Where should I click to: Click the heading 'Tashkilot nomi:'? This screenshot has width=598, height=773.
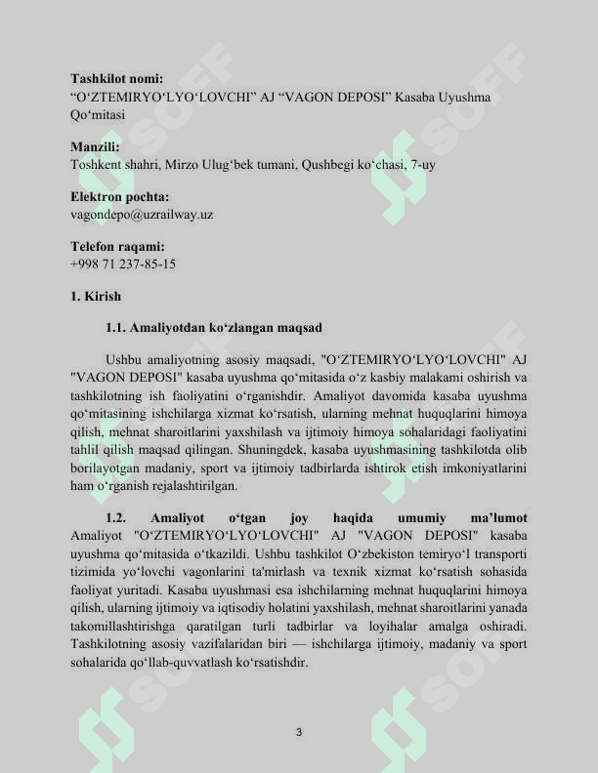pos(117,78)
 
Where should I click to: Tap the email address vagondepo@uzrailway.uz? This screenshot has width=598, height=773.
pos(142,214)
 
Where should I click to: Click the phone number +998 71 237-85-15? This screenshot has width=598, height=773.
pos(123,264)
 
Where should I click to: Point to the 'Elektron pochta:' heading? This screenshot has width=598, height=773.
pos(120,197)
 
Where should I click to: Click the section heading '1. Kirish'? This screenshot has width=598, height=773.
pos(96,296)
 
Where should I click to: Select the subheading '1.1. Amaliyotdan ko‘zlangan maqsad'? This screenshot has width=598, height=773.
pos(213,327)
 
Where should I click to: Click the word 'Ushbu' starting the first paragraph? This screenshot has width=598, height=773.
pos(124,358)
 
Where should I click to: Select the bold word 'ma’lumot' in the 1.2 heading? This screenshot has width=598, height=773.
pos(498,517)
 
